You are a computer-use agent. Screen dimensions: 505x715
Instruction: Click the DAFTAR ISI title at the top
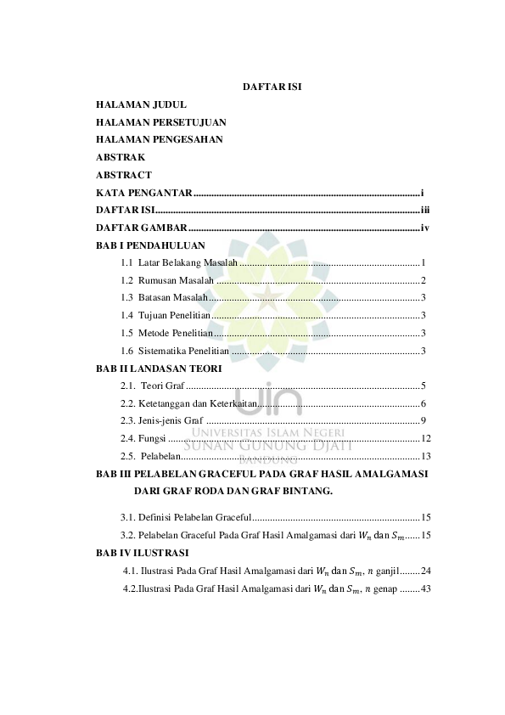pos(273,87)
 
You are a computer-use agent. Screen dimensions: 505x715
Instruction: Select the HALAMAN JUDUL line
pos(141,104)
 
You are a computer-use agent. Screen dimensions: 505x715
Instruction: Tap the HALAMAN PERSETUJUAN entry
pos(160,122)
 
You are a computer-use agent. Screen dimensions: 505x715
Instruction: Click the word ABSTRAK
pos(121,157)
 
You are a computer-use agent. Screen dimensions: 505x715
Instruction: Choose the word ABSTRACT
pos(124,175)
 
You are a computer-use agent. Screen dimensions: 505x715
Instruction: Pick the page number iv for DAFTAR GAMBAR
pos(426,228)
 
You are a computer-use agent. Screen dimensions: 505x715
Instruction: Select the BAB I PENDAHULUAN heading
pos(151,245)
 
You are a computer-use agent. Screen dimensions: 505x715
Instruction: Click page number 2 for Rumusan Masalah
pos(423,280)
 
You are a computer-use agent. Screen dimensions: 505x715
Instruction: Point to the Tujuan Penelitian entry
pos(173,315)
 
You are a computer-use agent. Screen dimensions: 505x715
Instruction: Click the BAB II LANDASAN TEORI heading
pos(159,369)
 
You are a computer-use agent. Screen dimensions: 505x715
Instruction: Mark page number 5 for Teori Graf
pos(423,386)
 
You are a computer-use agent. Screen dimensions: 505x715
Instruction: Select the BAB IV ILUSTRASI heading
pos(143,552)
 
